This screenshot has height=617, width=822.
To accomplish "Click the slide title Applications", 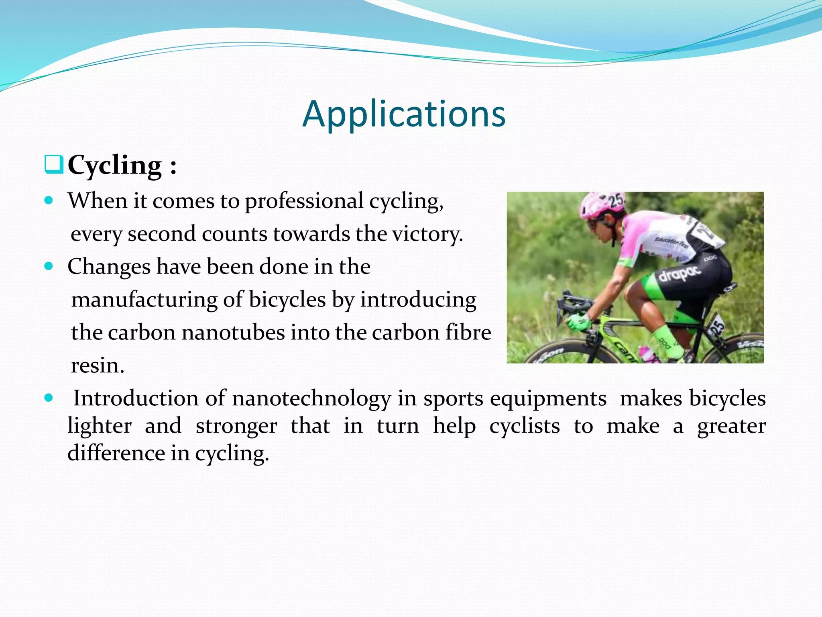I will click(404, 114).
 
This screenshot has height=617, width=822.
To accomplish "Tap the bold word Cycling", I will click(115, 165).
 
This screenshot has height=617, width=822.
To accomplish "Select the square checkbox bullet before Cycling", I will click(53, 165).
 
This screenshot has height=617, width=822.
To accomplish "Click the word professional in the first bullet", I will click(304, 200).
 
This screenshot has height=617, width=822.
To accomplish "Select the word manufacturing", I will click(144, 300).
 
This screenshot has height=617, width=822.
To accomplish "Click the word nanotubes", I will click(234, 333).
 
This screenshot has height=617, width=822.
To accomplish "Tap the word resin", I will click(98, 366).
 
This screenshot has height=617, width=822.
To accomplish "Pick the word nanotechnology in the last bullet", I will click(311, 398).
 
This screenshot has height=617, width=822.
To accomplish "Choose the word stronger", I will click(236, 426).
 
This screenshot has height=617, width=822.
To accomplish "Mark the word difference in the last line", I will click(116, 453).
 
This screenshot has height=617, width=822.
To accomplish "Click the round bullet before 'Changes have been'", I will click(49, 266).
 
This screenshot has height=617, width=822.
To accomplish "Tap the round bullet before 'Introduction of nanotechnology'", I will click(49, 398).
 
